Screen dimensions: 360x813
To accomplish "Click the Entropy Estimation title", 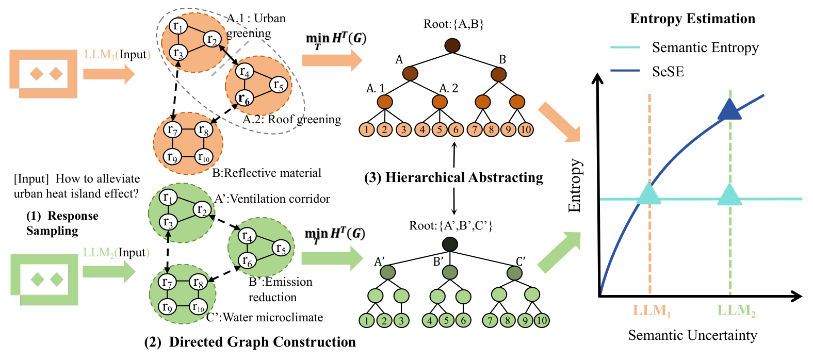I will pyautogui.click(x=692, y=19).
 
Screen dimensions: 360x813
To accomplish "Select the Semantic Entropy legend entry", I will pyautogui.click(x=705, y=47).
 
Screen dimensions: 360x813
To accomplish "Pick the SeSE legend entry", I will pyautogui.click(x=668, y=71).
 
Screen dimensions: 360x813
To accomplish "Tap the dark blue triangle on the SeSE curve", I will pyautogui.click(x=729, y=109).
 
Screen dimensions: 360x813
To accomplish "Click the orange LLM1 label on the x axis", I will pyautogui.click(x=652, y=311).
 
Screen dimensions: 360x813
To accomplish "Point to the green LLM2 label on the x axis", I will pyautogui.click(x=736, y=311).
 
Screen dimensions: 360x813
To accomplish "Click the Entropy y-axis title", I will pyautogui.click(x=574, y=186).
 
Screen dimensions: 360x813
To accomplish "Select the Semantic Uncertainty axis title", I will pyautogui.click(x=692, y=335).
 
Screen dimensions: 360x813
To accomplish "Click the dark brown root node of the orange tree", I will pyautogui.click(x=452, y=45).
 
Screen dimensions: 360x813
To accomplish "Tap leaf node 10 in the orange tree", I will pyautogui.click(x=525, y=129).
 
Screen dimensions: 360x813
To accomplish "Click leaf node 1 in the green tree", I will pyautogui.click(x=366, y=320).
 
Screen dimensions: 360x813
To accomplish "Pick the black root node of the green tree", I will pyautogui.click(x=450, y=244).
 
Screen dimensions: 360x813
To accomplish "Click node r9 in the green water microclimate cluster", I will pyautogui.click(x=167, y=307).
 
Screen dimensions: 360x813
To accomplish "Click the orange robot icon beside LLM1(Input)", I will pyautogui.click(x=44, y=74).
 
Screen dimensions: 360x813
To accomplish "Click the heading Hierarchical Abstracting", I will pyautogui.click(x=454, y=177).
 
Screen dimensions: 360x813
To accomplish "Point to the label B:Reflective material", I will pyautogui.click(x=267, y=173).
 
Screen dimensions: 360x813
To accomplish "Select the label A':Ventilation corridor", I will pyautogui.click(x=272, y=199).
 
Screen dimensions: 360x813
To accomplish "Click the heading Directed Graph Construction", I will pyautogui.click(x=250, y=342).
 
